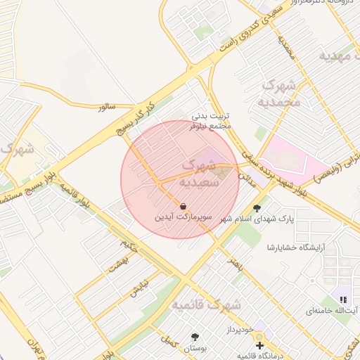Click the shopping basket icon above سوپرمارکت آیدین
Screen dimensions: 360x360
click(184, 206)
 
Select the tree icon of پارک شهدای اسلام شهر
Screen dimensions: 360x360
click(257, 208)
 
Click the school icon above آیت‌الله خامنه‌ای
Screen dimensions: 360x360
click(343, 300)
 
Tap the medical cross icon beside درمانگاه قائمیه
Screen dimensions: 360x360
click(259, 345)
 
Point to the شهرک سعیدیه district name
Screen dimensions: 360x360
click(200, 173)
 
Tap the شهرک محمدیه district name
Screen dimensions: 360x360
click(281, 94)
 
